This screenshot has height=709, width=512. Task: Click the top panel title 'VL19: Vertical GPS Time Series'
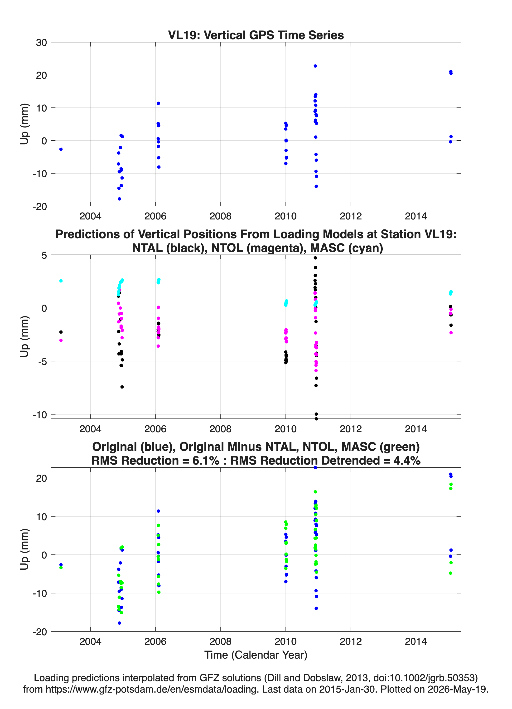pos(256,35)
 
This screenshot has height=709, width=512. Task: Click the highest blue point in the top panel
pos(315,66)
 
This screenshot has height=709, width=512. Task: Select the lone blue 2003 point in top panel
pos(61,149)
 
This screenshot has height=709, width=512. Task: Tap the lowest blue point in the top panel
pos(119,199)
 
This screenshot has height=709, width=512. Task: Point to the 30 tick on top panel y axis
pos(41,43)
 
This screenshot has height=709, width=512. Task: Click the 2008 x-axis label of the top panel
pos(220,216)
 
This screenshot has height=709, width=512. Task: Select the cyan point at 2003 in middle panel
pos(61,281)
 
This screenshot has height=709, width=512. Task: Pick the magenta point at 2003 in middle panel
pos(61,340)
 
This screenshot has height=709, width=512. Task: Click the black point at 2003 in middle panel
pos(61,332)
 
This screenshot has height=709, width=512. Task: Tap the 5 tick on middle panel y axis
pos(44,255)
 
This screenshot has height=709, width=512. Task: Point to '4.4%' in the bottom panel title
pos(407,461)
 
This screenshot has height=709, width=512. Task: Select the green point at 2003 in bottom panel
pos(61,567)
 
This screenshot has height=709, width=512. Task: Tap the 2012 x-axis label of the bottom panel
pos(351,641)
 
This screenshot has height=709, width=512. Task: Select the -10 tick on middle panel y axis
pos(40,415)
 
